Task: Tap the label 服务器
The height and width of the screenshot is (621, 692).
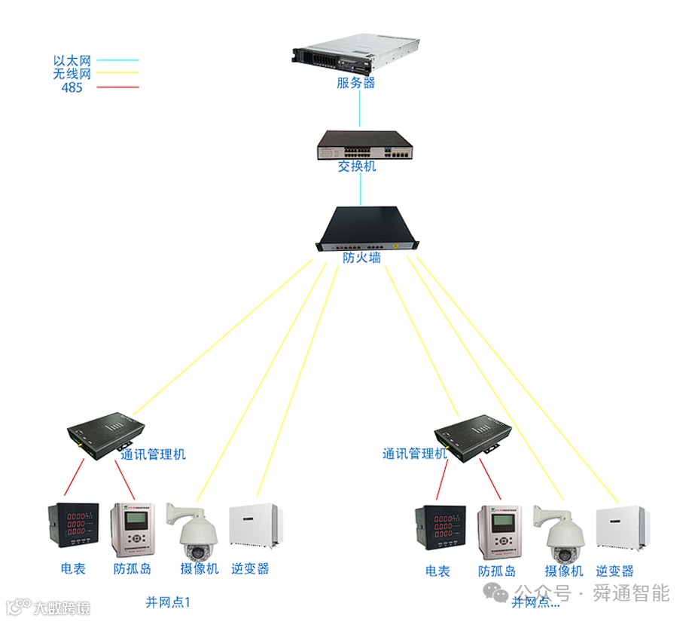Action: [x=356, y=83]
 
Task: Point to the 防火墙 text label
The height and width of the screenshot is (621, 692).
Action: [x=361, y=258]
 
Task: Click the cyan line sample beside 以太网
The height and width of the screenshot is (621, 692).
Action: [x=117, y=60]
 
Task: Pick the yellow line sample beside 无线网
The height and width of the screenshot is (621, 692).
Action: [x=117, y=73]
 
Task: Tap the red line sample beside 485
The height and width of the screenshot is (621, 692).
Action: [x=117, y=87]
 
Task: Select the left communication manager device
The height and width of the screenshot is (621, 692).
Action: [x=105, y=436]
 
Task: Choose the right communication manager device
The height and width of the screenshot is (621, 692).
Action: [x=473, y=437]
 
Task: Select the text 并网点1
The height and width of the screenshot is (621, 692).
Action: [x=169, y=602]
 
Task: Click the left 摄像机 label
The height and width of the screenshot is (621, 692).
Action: [x=199, y=569]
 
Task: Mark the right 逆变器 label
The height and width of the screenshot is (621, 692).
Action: [x=614, y=571]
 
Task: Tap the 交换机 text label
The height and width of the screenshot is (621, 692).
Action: [x=356, y=166]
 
